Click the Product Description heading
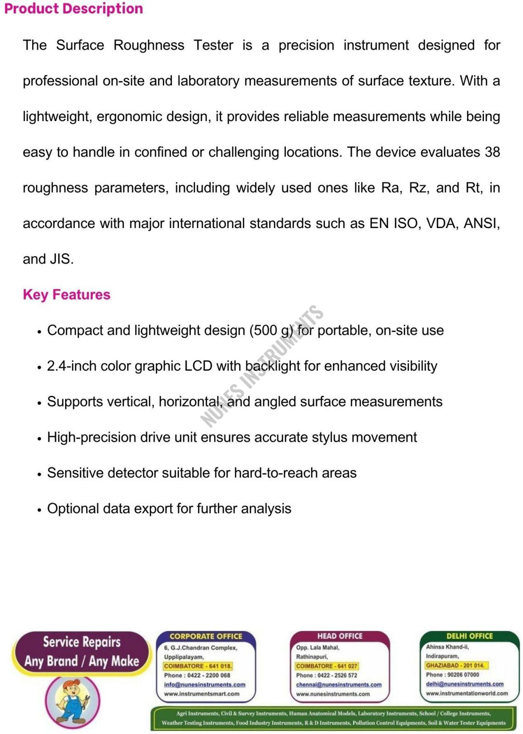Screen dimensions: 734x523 [x=73, y=9]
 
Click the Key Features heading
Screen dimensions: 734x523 [x=67, y=295]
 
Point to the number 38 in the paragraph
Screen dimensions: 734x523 [x=492, y=152]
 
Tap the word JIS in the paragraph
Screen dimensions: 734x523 [x=61, y=259]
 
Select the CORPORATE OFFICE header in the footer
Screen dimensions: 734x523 [x=206, y=636]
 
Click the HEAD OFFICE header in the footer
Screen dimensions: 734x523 [x=340, y=636]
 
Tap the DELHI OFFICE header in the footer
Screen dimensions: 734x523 [x=469, y=636]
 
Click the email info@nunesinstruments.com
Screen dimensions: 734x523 [x=205, y=684]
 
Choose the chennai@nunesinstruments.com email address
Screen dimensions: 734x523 [x=339, y=684]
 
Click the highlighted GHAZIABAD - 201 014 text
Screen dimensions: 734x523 [x=455, y=665]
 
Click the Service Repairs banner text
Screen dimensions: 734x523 [x=82, y=641]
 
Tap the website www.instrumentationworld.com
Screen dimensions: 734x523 [x=467, y=693]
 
